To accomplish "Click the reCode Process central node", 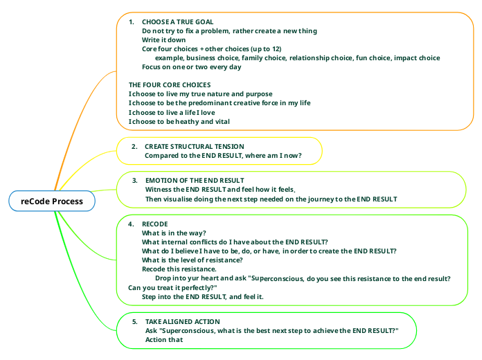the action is (x=52, y=201).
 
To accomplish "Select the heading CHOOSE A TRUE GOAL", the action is (x=177, y=22).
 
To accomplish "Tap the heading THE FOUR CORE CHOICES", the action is (x=170, y=85).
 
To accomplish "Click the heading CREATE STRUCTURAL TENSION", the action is (x=195, y=146).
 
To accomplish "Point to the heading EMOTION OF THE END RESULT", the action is (x=195, y=181).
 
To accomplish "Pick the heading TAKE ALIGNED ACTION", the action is (x=183, y=321).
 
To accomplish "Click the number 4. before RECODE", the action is (x=131, y=224).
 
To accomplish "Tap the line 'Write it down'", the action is (x=163, y=40).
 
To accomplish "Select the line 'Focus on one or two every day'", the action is (x=192, y=67).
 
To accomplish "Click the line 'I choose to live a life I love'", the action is (x=172, y=113).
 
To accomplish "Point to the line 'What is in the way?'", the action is (x=174, y=233).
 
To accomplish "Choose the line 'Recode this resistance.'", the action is (x=179, y=269).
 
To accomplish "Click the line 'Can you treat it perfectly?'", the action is (x=172, y=288).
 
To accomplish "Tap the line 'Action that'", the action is (x=164, y=340).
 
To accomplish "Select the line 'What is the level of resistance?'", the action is (x=192, y=260).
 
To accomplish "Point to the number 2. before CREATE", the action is (x=134, y=147).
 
